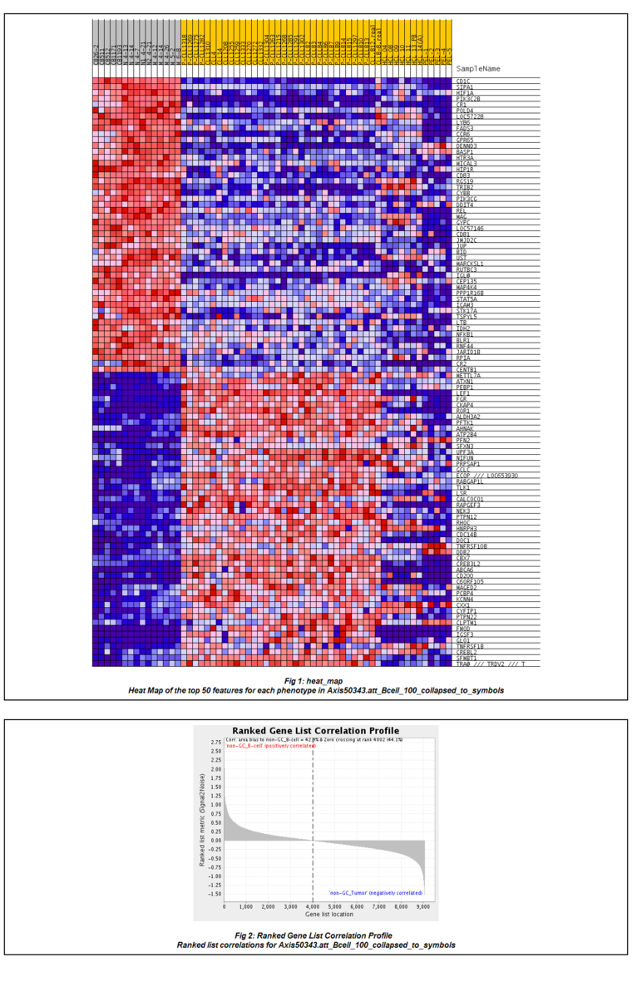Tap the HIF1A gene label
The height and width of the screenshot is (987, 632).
point(465,92)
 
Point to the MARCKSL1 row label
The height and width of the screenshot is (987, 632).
point(472,264)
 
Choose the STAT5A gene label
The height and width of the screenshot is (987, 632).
point(467,299)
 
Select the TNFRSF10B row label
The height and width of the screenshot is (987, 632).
point(472,546)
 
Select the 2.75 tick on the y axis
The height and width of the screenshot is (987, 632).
point(215,743)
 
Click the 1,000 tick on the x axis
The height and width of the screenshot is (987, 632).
point(246,907)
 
